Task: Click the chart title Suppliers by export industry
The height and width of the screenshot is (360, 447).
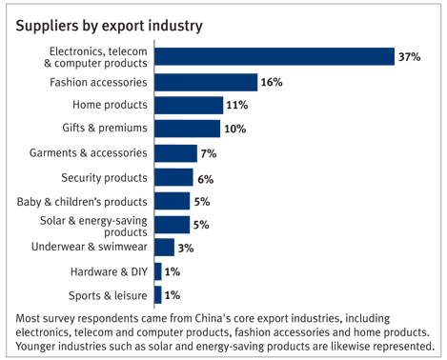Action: pyautogui.click(x=109, y=26)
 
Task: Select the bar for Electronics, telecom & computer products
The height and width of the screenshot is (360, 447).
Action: pyautogui.click(x=274, y=56)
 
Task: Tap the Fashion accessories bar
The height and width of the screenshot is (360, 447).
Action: pyautogui.click(x=206, y=82)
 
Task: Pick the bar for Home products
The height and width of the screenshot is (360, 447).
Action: pyautogui.click(x=189, y=105)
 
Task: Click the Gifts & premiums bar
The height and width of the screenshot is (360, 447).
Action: pyautogui.click(x=187, y=129)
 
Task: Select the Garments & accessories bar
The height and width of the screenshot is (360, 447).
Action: pyautogui.click(x=175, y=153)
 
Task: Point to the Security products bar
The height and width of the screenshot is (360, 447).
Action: pyautogui.click(x=173, y=177)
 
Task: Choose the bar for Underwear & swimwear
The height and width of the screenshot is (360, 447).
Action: pyautogui.click(x=164, y=248)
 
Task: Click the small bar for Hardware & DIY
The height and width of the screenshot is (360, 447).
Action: pyautogui.click(x=158, y=271)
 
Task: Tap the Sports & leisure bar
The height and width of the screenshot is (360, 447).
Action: pyautogui.click(x=158, y=295)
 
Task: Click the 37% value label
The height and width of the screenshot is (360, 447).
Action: pyautogui.click(x=410, y=57)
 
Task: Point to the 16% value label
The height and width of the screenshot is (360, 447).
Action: pyautogui.click(x=272, y=82)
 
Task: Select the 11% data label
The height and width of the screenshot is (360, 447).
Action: pyautogui.click(x=237, y=105)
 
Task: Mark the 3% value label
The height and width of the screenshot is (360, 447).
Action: pyautogui.click(x=186, y=248)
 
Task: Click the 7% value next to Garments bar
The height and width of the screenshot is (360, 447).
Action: pyautogui.click(x=209, y=153)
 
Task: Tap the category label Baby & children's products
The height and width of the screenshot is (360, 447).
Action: pyautogui.click(x=82, y=202)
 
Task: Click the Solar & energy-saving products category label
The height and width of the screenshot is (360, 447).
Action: pyautogui.click(x=93, y=227)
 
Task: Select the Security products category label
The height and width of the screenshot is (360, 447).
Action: pyautogui.click(x=104, y=178)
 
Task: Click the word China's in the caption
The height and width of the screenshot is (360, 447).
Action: pyautogui.click(x=213, y=318)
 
